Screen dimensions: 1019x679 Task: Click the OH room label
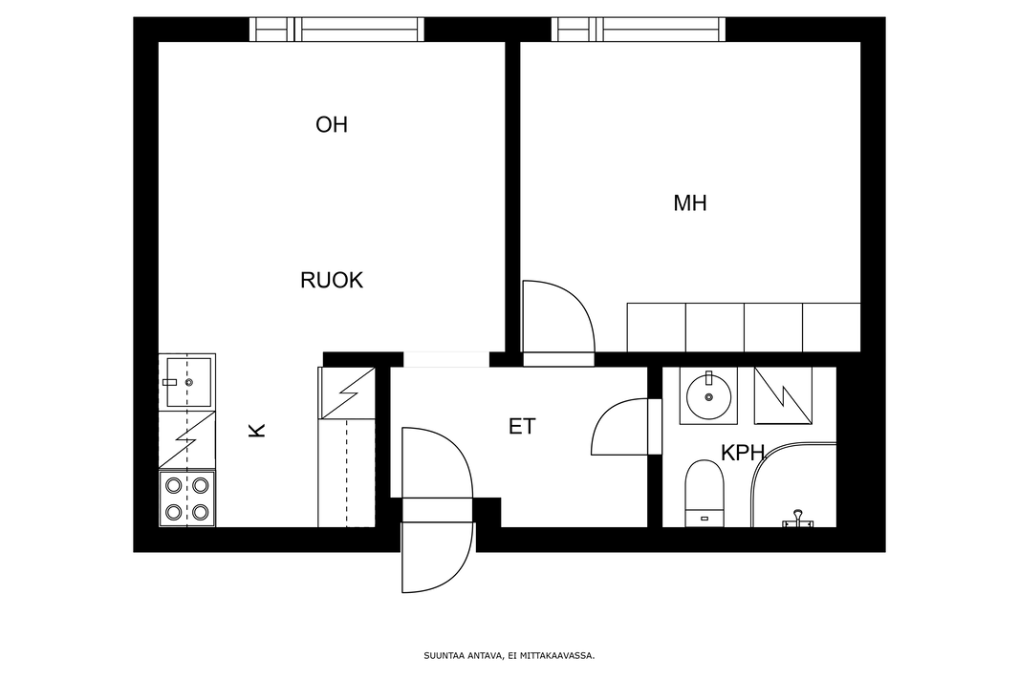click(x=332, y=125)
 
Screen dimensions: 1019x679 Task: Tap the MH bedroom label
click(x=689, y=203)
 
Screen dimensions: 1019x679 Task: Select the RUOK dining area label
click(x=332, y=281)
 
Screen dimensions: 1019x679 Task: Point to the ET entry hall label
click(x=522, y=427)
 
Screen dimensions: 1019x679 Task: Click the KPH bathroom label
click(x=742, y=453)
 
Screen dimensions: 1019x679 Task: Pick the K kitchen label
click(x=257, y=430)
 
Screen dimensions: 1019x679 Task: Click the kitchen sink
click(x=187, y=382)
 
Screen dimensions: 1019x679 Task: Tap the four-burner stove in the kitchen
click(x=187, y=499)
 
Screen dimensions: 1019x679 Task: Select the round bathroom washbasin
click(x=708, y=396)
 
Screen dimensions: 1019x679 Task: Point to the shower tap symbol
click(x=797, y=519)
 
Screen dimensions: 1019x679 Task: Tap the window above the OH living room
click(x=336, y=30)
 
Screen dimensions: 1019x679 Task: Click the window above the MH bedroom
click(x=639, y=30)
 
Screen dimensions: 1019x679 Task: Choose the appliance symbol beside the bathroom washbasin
click(x=783, y=396)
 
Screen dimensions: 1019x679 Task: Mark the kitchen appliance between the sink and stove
click(x=187, y=440)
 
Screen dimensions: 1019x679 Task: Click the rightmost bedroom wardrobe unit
click(x=832, y=328)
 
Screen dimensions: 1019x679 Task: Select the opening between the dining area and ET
click(x=446, y=359)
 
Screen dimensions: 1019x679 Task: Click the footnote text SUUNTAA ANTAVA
click(x=463, y=656)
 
